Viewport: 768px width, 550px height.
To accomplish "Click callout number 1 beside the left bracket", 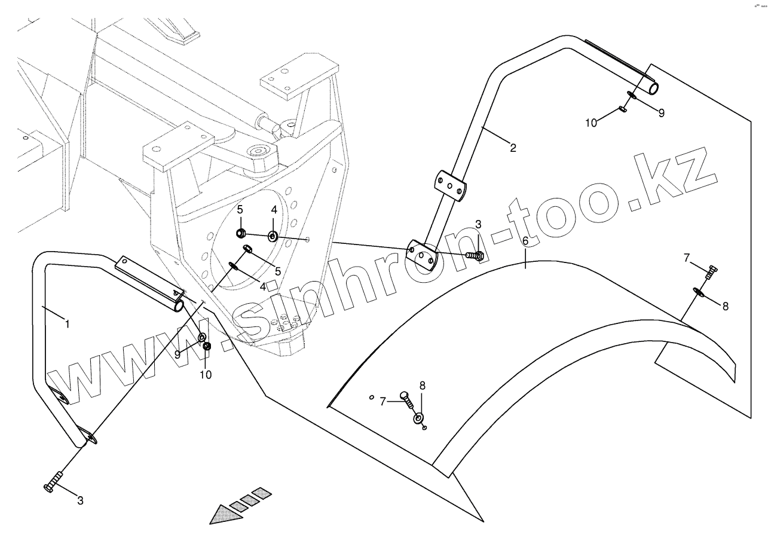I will click(67, 324).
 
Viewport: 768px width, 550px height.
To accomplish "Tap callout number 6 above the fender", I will click(525, 242).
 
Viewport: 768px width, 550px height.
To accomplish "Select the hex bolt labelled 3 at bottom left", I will click(52, 482).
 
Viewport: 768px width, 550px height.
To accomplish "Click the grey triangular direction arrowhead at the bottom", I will click(223, 514).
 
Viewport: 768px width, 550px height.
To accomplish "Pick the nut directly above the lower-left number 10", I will click(207, 346).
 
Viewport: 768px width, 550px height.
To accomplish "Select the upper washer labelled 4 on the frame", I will click(273, 236).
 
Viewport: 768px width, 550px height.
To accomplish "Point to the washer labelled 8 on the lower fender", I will click(418, 417).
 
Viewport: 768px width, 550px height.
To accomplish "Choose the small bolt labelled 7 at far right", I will click(711, 272).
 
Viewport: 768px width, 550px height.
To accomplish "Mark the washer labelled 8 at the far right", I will click(698, 292).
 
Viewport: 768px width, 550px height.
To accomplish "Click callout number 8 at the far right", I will click(725, 306).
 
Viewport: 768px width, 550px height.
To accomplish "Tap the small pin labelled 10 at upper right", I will click(623, 109).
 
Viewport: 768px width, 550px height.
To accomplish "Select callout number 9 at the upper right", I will click(661, 112).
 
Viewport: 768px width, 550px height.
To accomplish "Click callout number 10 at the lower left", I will click(206, 375).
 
